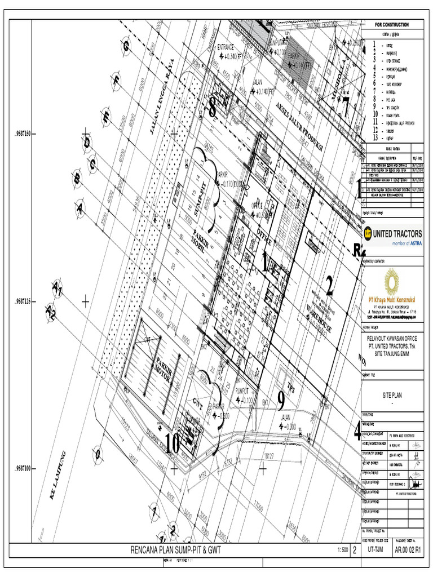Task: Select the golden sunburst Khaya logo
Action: point(391,280)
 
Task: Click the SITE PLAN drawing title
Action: point(390,396)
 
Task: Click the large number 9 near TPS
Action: point(281,400)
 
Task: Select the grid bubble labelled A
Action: point(80,210)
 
